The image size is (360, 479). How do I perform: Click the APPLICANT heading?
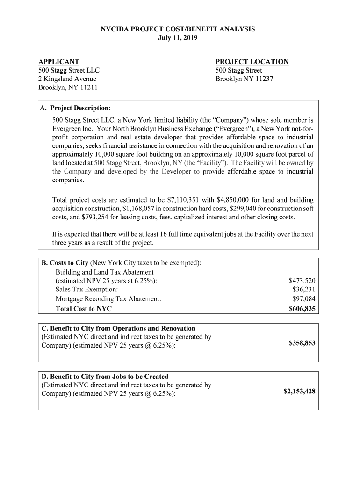pyautogui.click(x=58, y=62)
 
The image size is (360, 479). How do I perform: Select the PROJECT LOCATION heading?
pyautogui.click(x=252, y=62)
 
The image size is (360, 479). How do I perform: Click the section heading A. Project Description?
pyautogui.click(x=75, y=108)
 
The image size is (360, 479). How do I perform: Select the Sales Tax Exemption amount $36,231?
pyautogui.click(x=303, y=290)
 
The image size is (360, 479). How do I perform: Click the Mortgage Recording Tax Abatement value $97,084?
pyautogui.click(x=303, y=298)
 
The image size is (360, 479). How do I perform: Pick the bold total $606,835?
pyautogui.click(x=302, y=309)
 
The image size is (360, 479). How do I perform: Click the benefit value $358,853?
pyautogui.click(x=302, y=343)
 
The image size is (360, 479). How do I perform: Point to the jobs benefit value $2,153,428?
pyautogui.click(x=299, y=391)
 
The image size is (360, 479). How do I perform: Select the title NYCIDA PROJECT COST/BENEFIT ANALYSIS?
pyautogui.click(x=178, y=29)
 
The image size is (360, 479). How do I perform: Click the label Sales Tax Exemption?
pyautogui.click(x=86, y=290)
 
